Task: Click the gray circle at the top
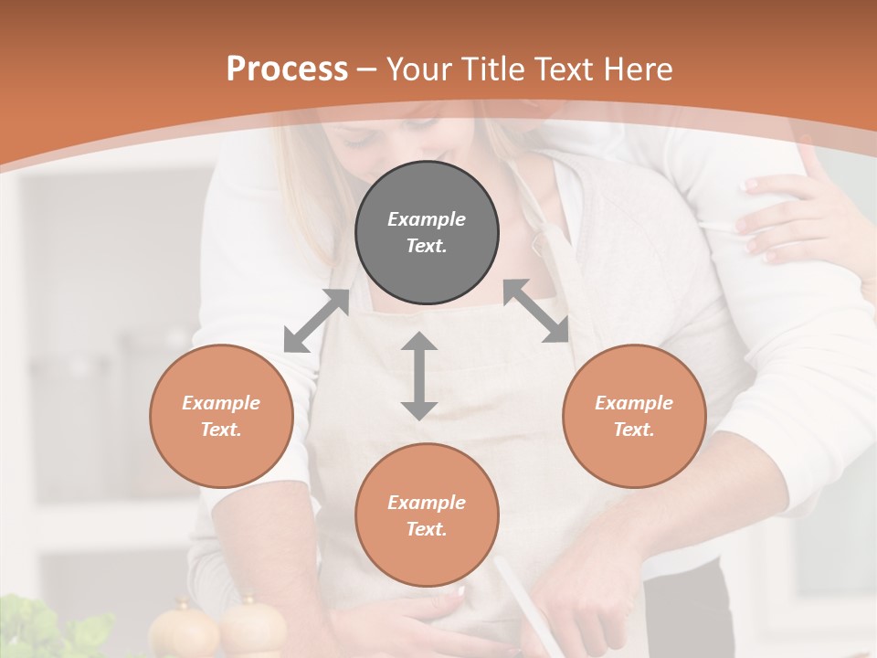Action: tap(427, 232)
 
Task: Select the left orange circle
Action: tap(221, 416)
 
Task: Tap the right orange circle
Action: tap(634, 416)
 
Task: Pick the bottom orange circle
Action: tap(427, 515)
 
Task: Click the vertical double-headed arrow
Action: tap(419, 376)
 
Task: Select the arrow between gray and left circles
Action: tap(316, 321)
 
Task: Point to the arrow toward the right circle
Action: tap(536, 311)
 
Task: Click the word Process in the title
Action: tap(287, 69)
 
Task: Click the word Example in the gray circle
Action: tap(427, 219)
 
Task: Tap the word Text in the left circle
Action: tap(221, 430)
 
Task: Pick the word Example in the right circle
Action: tap(634, 403)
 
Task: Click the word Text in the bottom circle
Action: tap(427, 529)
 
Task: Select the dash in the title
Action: tap(367, 69)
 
